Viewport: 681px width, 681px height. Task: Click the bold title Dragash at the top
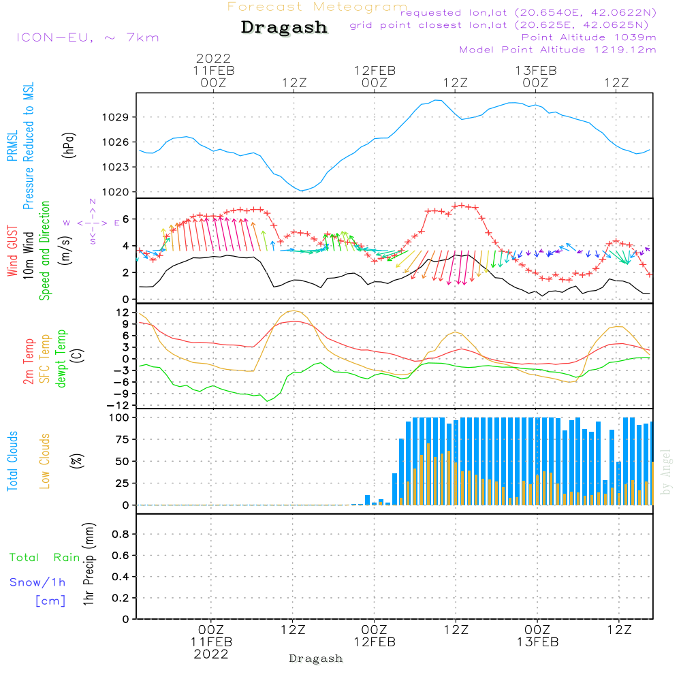pos(284,27)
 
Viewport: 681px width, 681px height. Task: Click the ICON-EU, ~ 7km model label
pos(88,37)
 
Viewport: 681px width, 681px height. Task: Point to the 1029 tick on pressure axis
pos(116,117)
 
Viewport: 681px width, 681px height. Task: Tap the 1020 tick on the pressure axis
pos(116,192)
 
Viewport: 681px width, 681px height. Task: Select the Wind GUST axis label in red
pos(12,251)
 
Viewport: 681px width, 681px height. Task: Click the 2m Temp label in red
pos(28,362)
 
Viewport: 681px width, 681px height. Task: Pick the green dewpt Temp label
pos(61,358)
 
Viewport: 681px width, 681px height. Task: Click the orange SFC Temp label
pos(45,359)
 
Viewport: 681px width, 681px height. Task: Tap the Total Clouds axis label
pos(12,461)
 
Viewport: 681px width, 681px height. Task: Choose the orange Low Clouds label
pos(45,461)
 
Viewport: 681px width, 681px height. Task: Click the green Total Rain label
pos(45,558)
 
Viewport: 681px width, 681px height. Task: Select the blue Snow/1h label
pos(37,582)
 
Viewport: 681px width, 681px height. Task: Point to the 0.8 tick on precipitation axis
pos(121,534)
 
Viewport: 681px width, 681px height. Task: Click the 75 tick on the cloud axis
pos(122,439)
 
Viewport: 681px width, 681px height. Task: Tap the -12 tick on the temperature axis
pos(118,406)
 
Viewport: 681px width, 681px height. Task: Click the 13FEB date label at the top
pos(535,71)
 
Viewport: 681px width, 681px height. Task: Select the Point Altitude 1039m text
pos(588,37)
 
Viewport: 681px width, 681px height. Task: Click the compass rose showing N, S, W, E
pos(93,223)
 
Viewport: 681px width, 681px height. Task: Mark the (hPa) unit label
pos(69,145)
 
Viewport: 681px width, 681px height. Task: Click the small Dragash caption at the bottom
pos(316,659)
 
